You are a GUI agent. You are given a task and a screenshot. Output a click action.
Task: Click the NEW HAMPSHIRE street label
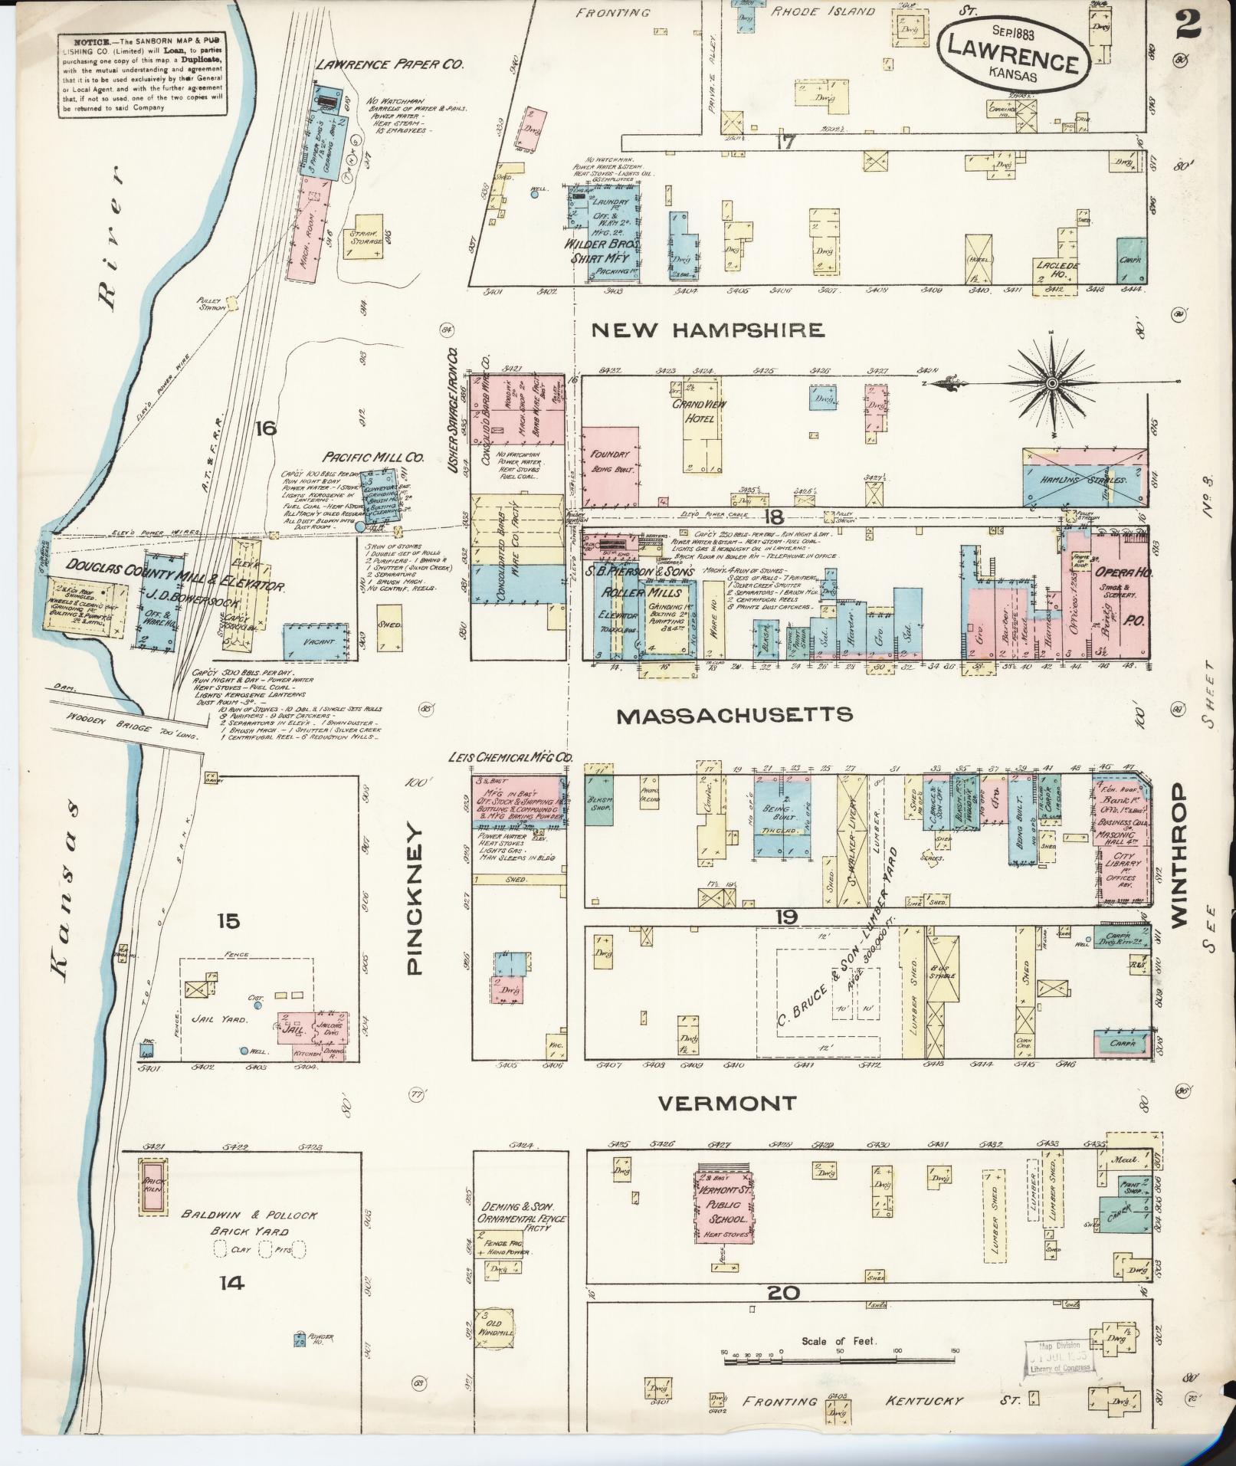coord(708,330)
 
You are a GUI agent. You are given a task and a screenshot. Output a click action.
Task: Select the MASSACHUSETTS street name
coord(735,715)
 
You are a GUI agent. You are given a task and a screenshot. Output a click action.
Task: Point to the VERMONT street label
coord(728,1104)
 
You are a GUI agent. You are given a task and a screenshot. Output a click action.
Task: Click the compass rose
coord(1052,382)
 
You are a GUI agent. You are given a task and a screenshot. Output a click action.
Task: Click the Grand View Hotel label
coord(700,412)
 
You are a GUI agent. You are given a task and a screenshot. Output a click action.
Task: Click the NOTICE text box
coord(142,75)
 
